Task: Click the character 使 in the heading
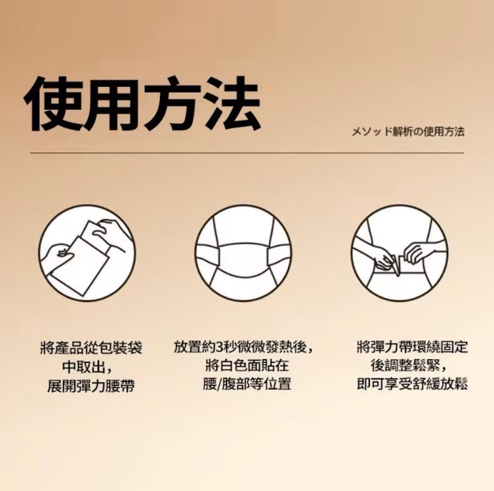(x=53, y=104)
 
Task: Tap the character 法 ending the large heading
(x=231, y=104)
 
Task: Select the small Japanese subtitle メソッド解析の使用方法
(x=408, y=132)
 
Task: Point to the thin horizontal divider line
(x=247, y=153)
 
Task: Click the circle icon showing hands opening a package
(x=87, y=253)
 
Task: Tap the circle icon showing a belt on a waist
(x=243, y=253)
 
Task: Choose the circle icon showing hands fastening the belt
(x=400, y=253)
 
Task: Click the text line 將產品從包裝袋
(x=91, y=348)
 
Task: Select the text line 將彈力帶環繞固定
(x=412, y=347)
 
